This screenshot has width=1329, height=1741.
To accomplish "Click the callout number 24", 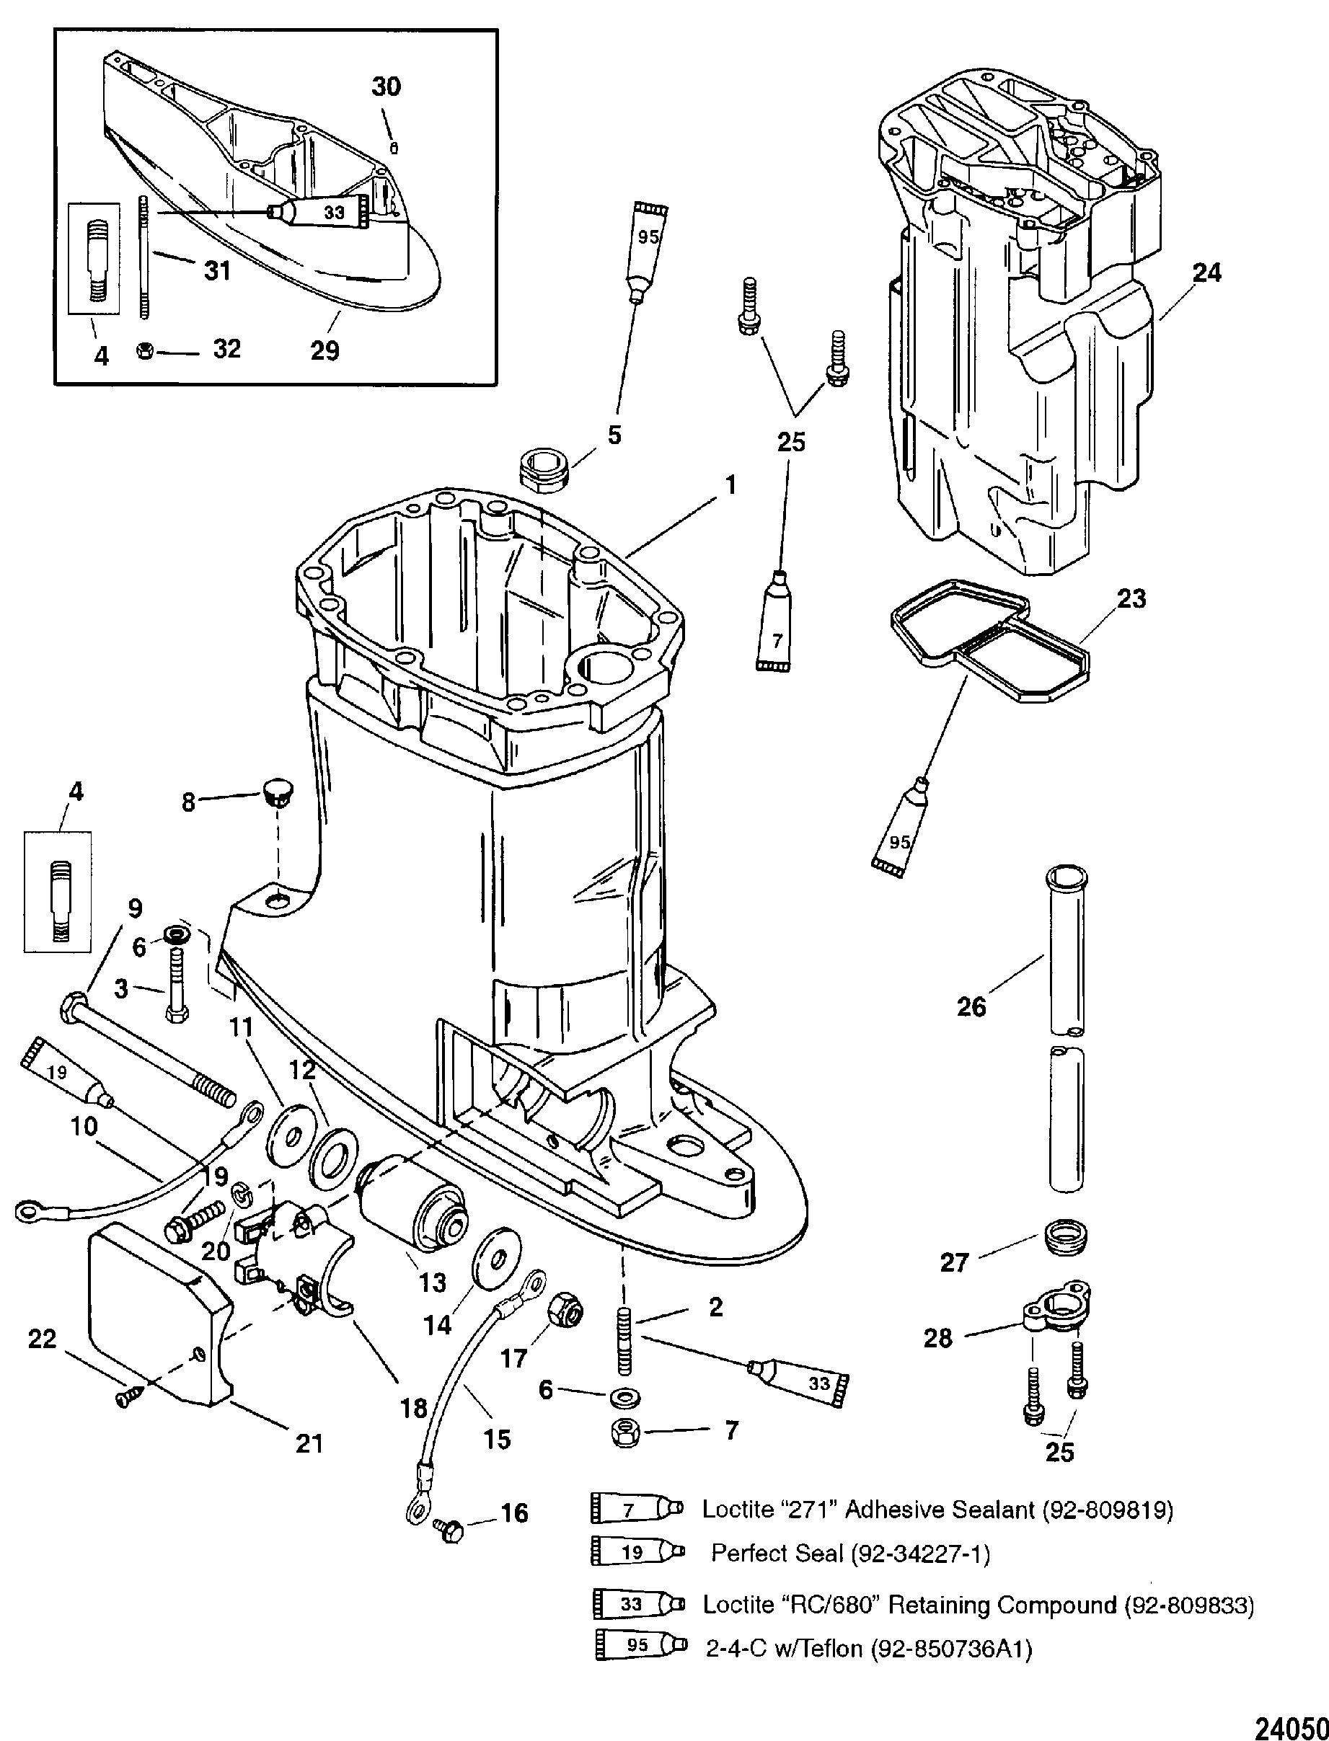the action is pyautogui.click(x=1206, y=273).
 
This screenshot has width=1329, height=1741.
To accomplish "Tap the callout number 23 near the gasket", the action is pyautogui.click(x=1131, y=598).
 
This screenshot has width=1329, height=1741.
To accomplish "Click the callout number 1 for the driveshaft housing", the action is pyautogui.click(x=730, y=484).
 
